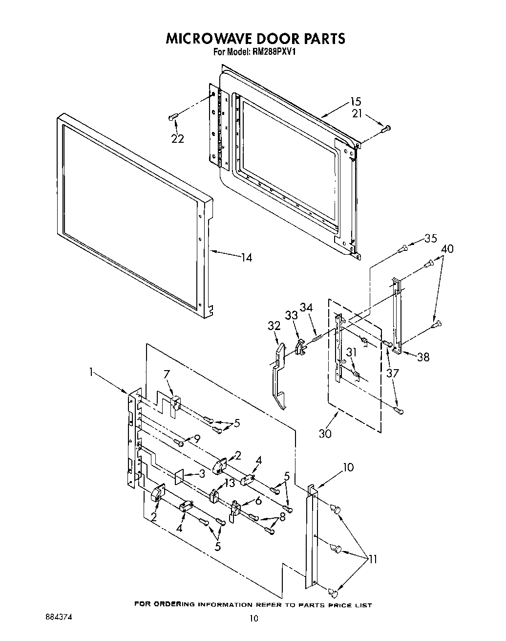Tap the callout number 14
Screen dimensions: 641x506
coord(247,257)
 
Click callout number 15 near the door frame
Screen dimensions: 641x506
coord(355,102)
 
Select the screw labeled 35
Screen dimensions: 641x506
coord(402,249)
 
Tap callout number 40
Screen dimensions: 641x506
coord(446,249)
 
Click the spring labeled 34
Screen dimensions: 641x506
coord(316,336)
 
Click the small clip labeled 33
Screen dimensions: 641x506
coord(300,345)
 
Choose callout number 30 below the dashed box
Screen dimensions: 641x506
coord(325,433)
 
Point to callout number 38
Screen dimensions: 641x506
coord(423,357)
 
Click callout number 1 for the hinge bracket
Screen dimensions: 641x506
coord(90,373)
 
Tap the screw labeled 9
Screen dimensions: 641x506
coord(181,443)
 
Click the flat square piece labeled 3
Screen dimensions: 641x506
coord(179,476)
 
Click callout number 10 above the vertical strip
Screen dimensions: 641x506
coord(348,467)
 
